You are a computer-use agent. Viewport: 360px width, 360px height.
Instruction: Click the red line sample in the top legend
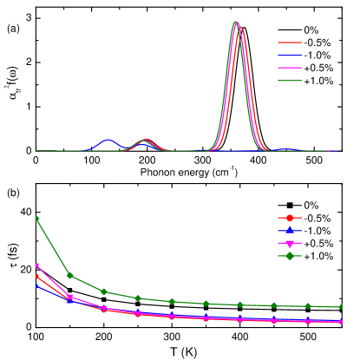pyautogui.click(x=290, y=43)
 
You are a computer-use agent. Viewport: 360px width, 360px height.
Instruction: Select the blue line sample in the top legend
pyautogui.click(x=290, y=56)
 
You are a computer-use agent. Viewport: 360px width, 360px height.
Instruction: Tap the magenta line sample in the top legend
pyautogui.click(x=290, y=68)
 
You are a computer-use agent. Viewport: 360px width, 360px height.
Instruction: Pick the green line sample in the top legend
pyautogui.click(x=290, y=81)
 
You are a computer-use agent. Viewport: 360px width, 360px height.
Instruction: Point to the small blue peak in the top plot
pyautogui.click(x=108, y=140)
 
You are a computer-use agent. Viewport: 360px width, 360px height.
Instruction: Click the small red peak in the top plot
pyautogui.click(x=146, y=141)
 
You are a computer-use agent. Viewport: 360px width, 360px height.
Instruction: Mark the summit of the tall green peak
pyautogui.click(x=235, y=23)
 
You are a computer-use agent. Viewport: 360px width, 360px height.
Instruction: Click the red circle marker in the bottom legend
pyautogui.click(x=290, y=218)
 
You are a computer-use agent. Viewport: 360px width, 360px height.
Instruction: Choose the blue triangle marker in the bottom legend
pyautogui.click(x=290, y=231)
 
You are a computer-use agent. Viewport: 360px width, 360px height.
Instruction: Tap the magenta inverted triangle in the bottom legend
pyautogui.click(x=290, y=243)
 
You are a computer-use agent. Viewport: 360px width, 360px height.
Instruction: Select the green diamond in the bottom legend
pyautogui.click(x=290, y=256)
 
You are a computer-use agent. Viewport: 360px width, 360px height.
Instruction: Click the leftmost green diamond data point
pyautogui.click(x=36, y=219)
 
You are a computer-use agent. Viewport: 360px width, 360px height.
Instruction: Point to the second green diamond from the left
pyautogui.click(x=69, y=276)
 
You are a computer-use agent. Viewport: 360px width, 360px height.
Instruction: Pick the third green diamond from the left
pyautogui.click(x=103, y=291)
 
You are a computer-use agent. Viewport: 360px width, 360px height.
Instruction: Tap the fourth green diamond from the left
pyautogui.click(x=137, y=298)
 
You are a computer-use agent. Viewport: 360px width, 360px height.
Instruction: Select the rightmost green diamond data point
pyautogui.click(x=341, y=307)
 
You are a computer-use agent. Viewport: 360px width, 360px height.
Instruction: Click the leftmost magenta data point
pyautogui.click(x=36, y=265)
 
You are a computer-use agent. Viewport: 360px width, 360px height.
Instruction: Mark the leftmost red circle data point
pyautogui.click(x=36, y=276)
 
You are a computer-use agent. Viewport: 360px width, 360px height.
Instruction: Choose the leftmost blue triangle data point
pyautogui.click(x=36, y=284)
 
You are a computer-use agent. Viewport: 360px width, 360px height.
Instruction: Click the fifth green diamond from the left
pyautogui.click(x=172, y=301)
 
